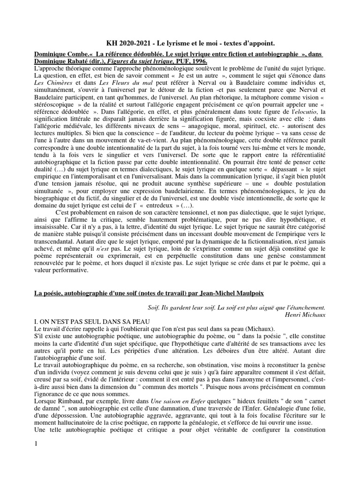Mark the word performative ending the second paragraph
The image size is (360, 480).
pyautogui.click(x=61, y=270)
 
